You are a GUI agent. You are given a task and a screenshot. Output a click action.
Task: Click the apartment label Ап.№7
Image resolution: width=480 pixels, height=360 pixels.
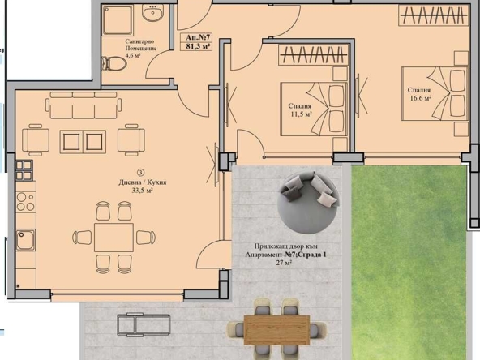tap(198, 37)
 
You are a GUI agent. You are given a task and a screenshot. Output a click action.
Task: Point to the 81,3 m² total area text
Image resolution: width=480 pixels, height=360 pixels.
tap(198, 47)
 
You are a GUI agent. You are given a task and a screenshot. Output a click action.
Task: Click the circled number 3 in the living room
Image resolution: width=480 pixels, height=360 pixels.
tap(140, 172)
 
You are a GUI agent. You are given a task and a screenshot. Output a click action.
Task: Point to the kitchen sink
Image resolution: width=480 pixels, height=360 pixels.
tap(25, 240)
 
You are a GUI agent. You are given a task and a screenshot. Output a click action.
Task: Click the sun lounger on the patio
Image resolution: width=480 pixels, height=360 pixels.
tap(143, 325)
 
